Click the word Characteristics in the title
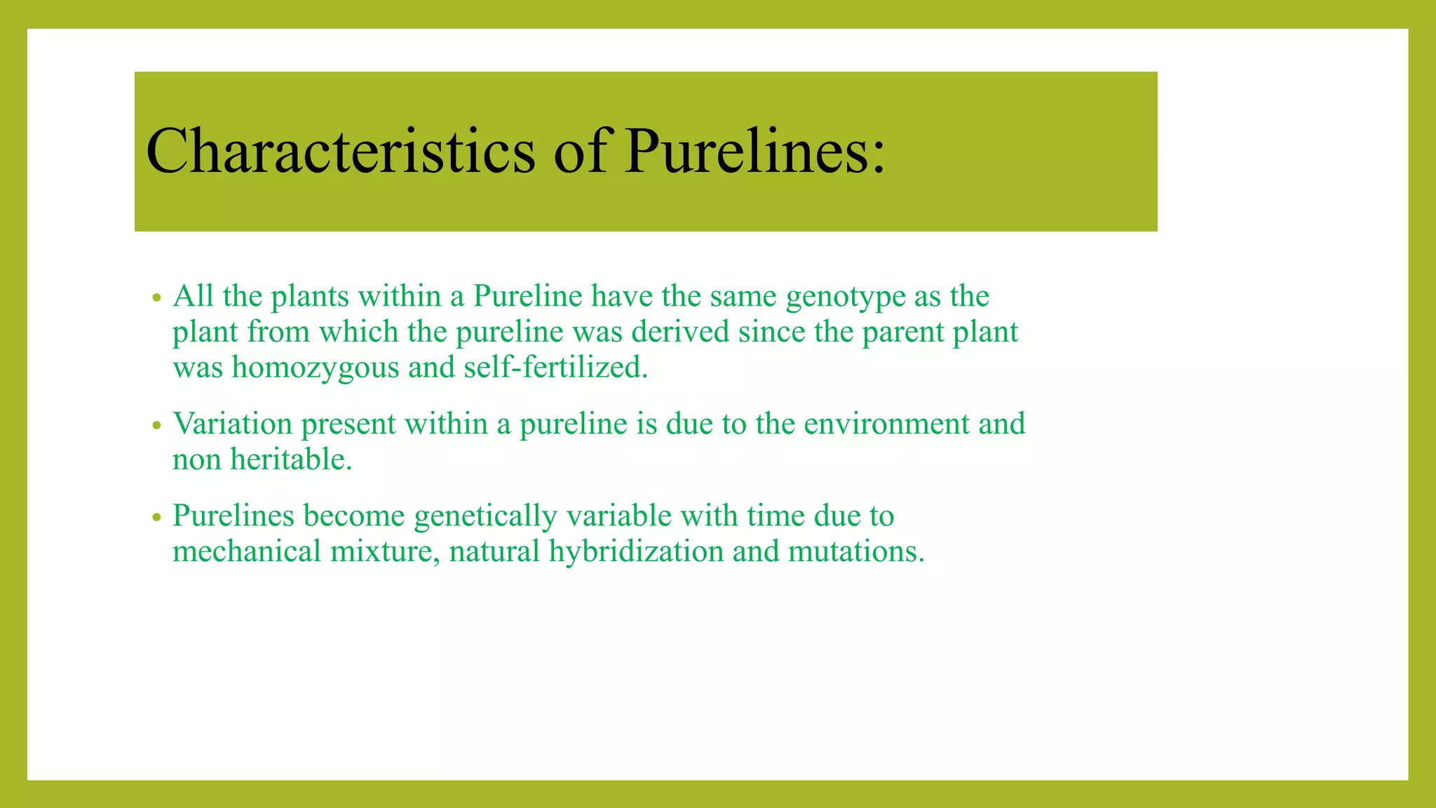[340, 151]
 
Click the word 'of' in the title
[580, 151]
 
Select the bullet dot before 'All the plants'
[157, 298]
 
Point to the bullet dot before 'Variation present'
[157, 426]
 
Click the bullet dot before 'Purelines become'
[157, 518]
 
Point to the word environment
[886, 424]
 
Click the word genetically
[485, 517]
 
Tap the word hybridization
[636, 552]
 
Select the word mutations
[856, 552]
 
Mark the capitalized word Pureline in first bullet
[527, 297]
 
